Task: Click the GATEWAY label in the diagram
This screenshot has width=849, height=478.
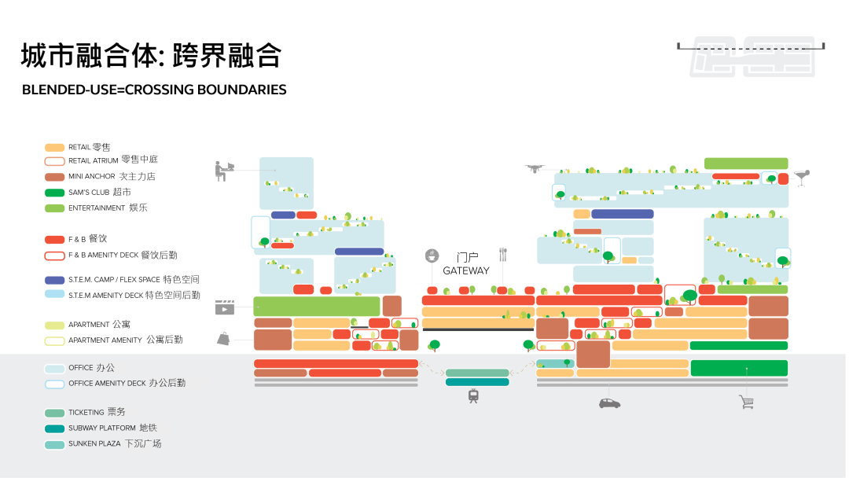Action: click(465, 270)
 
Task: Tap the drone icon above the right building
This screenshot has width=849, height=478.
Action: click(535, 169)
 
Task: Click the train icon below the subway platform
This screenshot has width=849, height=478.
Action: click(473, 396)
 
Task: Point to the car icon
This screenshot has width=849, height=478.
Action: click(610, 403)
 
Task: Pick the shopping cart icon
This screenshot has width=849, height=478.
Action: click(746, 402)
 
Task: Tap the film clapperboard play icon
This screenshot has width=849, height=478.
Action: click(225, 307)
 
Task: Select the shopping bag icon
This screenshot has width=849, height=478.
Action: click(223, 338)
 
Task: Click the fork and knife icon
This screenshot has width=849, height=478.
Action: click(503, 255)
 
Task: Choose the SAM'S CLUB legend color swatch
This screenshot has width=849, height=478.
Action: click(55, 193)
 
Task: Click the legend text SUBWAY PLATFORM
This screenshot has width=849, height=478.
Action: click(101, 428)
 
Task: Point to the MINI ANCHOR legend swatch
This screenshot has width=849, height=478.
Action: click(55, 177)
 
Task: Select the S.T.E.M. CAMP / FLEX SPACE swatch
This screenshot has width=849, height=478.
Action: click(55, 281)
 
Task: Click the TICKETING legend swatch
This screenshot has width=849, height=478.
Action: click(55, 413)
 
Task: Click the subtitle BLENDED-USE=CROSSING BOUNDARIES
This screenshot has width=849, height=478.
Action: click(154, 90)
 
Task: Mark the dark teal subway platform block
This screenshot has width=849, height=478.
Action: click(477, 382)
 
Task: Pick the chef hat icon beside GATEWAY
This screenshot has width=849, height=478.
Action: click(432, 255)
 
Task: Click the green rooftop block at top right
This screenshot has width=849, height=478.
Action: click(746, 164)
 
